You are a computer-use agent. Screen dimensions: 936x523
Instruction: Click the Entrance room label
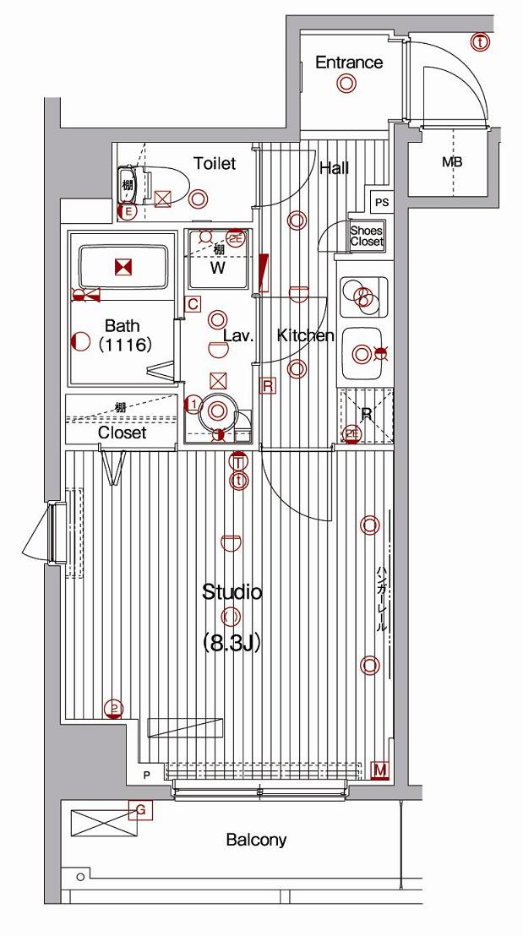pos(348,63)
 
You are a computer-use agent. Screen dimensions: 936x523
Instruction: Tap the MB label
pos(452,162)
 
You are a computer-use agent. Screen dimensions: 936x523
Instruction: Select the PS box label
pos(383,203)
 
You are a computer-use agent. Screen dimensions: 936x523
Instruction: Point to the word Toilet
pos(215,164)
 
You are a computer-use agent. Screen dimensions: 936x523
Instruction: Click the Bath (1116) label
pos(123,335)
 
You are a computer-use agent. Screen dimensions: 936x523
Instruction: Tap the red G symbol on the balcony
pos(142,811)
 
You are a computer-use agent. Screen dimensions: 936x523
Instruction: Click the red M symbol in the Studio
pos(380,770)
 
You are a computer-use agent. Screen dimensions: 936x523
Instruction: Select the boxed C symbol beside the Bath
pos(193,304)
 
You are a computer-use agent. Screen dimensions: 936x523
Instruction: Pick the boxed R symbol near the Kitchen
pos(268,386)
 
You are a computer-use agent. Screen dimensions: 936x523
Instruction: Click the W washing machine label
pos(217,269)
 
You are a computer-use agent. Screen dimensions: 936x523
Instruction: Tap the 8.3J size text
pos(231,643)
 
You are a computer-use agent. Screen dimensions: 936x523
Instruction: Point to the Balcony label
pos(256,841)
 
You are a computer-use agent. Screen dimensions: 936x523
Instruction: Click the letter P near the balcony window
pos(146,775)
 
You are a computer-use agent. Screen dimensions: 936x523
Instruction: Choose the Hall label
pos(334,168)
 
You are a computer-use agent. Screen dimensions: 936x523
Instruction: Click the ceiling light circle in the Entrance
pos(346,84)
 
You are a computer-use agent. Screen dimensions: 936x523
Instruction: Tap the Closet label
pos(123,433)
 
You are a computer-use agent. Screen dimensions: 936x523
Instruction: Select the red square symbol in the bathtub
pos(123,268)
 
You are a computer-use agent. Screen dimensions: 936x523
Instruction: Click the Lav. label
pos(238,336)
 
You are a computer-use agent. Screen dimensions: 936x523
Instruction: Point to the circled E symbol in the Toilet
pos(128,213)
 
